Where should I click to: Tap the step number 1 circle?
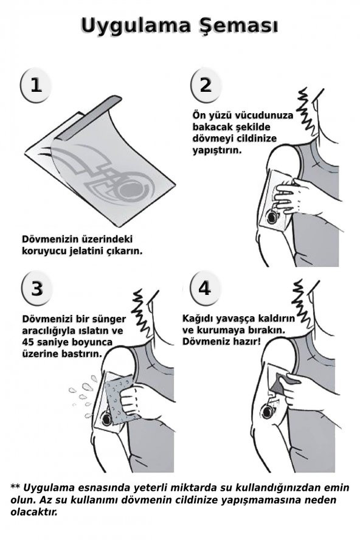point(36,85)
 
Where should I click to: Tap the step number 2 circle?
point(206,85)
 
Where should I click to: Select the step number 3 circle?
point(36,288)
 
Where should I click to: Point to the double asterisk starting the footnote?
point(16,487)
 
